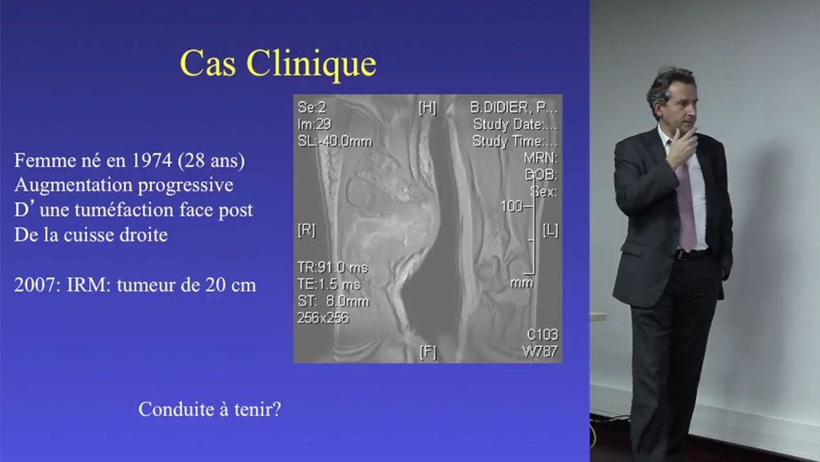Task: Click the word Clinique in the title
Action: click(x=311, y=64)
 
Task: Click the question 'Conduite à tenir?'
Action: click(x=210, y=409)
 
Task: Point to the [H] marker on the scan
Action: click(x=427, y=107)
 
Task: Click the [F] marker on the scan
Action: click(x=428, y=352)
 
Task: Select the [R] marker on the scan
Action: click(x=307, y=230)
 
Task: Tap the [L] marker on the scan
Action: click(x=550, y=230)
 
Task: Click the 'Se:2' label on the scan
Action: click(x=312, y=107)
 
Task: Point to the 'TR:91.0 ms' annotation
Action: click(x=333, y=268)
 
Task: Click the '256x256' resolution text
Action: click(x=322, y=318)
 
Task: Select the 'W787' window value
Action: click(x=540, y=351)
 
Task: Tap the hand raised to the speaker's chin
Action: click(x=681, y=148)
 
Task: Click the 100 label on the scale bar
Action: click(x=511, y=206)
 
